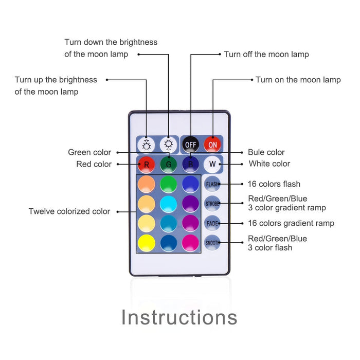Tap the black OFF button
(x=191, y=145)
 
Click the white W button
(x=212, y=165)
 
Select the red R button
(x=147, y=165)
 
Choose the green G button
(x=168, y=165)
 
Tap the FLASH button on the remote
(x=212, y=184)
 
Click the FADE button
(x=212, y=223)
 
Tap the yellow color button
(x=147, y=242)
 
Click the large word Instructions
(x=179, y=317)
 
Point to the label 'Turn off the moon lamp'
(x=266, y=54)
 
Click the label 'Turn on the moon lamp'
(x=298, y=80)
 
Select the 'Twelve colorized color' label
(x=69, y=211)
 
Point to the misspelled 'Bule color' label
(x=266, y=152)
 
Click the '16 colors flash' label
(x=274, y=184)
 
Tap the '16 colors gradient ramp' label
(x=291, y=223)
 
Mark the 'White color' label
(x=269, y=164)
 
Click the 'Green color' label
(x=89, y=152)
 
